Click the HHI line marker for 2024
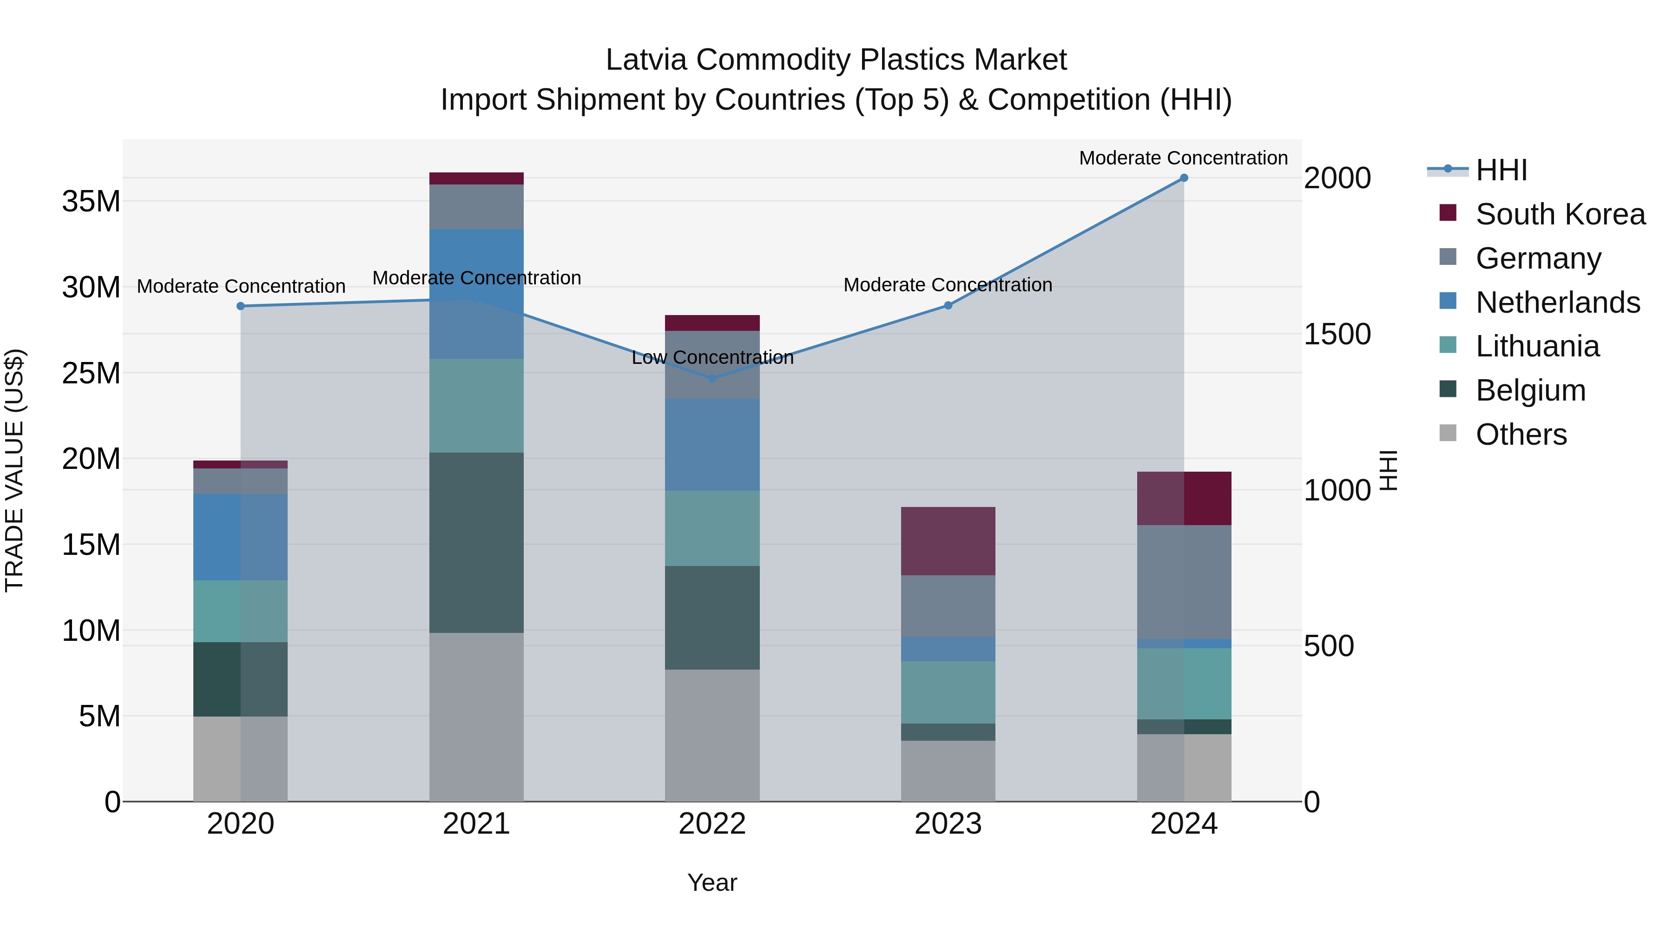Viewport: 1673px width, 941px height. point(1183,178)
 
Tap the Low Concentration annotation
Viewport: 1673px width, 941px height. point(712,357)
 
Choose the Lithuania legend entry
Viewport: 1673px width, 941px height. point(1537,346)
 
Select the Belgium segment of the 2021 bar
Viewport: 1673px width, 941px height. point(476,542)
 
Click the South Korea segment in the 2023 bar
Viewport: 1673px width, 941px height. point(948,540)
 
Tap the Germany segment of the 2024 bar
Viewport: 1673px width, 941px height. point(1183,581)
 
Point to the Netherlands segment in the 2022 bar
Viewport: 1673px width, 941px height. point(712,444)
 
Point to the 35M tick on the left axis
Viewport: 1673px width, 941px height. point(91,201)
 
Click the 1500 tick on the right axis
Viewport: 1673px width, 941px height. point(1337,335)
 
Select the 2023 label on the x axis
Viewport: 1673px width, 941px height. point(948,824)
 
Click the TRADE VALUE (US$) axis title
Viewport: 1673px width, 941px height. point(14,470)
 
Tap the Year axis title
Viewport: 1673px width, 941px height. point(712,882)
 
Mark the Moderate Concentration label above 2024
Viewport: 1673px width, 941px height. point(1183,158)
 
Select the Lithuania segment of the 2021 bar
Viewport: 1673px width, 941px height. point(476,405)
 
